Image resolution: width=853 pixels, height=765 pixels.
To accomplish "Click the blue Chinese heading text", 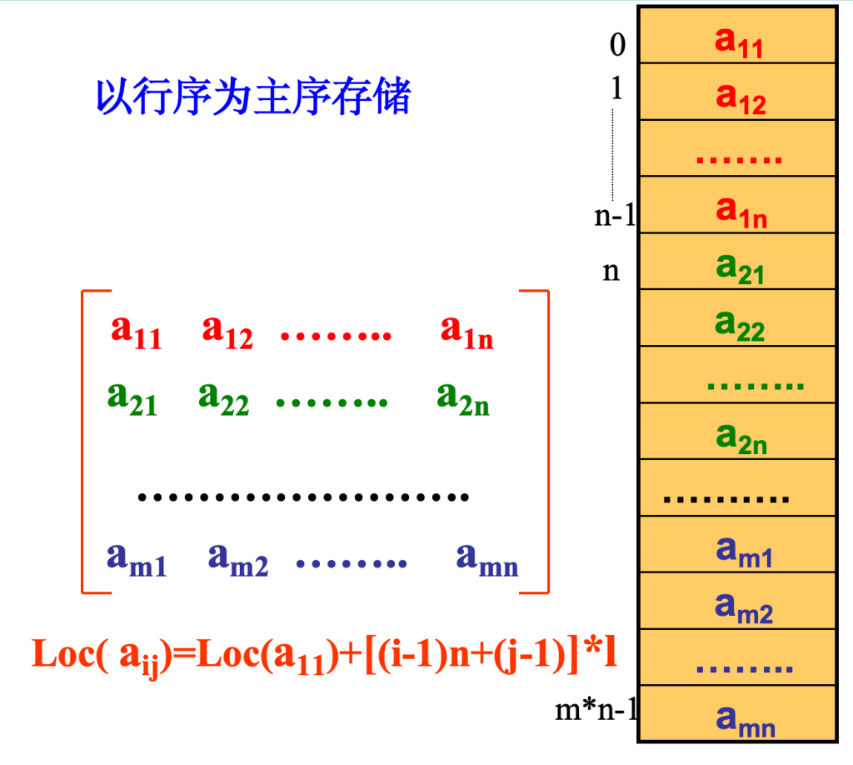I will click(253, 97).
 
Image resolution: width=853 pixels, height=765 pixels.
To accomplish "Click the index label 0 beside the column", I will click(617, 45).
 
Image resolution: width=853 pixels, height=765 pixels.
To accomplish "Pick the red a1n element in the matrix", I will click(466, 332).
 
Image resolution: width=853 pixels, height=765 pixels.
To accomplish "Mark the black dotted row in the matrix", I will click(303, 497).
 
